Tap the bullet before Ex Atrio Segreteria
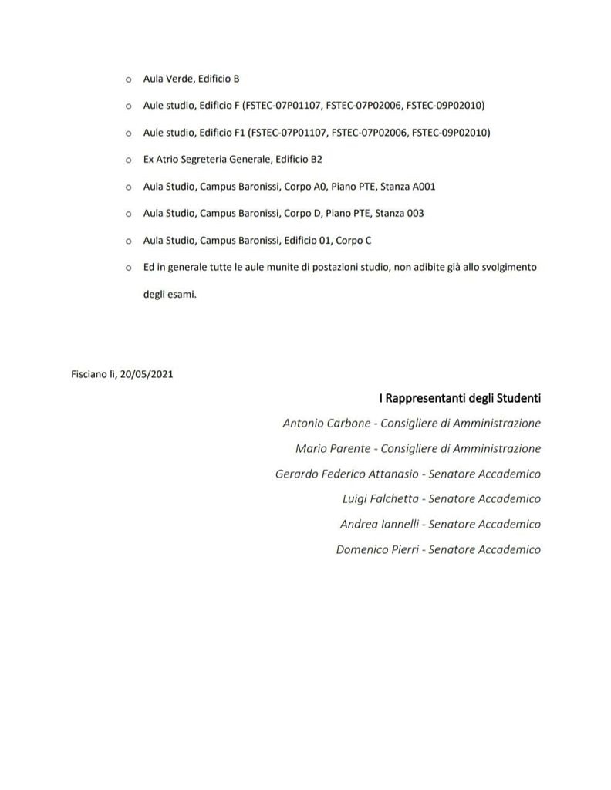pyautogui.click(x=128, y=160)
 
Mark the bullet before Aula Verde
pyautogui.click(x=128, y=79)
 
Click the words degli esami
pyautogui.click(x=170, y=294)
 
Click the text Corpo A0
pyautogui.click(x=306, y=187)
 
